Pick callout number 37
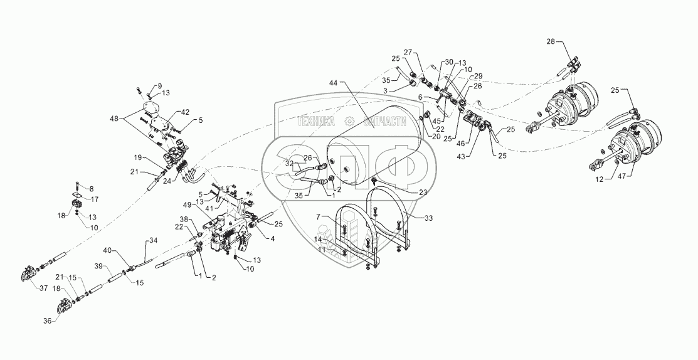26,288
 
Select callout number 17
95,199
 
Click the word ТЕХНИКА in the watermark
315,123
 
